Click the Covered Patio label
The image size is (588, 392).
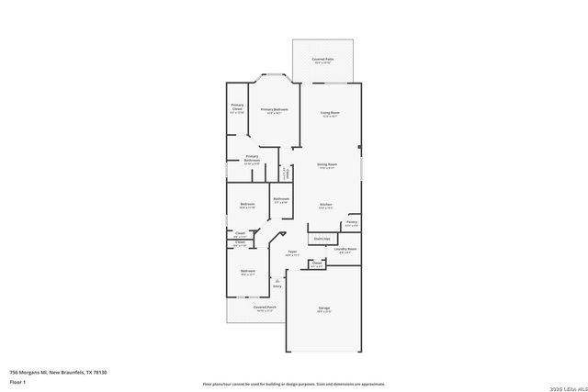[322, 60]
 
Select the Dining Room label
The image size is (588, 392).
[328, 165]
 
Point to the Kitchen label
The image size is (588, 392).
[325, 204]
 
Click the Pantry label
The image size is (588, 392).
[351, 221]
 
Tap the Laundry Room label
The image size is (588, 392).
[346, 249]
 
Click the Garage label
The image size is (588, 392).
[324, 308]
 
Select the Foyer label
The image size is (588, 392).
[291, 252]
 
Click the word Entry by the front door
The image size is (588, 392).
[277, 286]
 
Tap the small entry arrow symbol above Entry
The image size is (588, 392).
[277, 279]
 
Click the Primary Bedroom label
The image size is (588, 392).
[274, 110]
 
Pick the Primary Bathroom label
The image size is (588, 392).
[251, 159]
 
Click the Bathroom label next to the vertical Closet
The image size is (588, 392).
[280, 199]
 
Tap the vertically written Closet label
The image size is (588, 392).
[288, 172]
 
